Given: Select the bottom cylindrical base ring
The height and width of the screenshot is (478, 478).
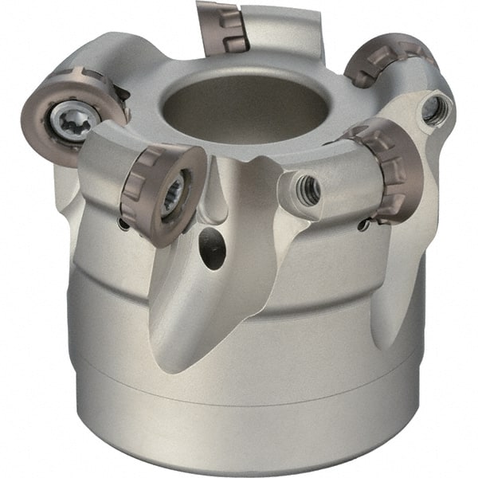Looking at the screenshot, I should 239,430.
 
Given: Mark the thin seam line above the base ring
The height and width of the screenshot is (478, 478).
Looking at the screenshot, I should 239,393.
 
